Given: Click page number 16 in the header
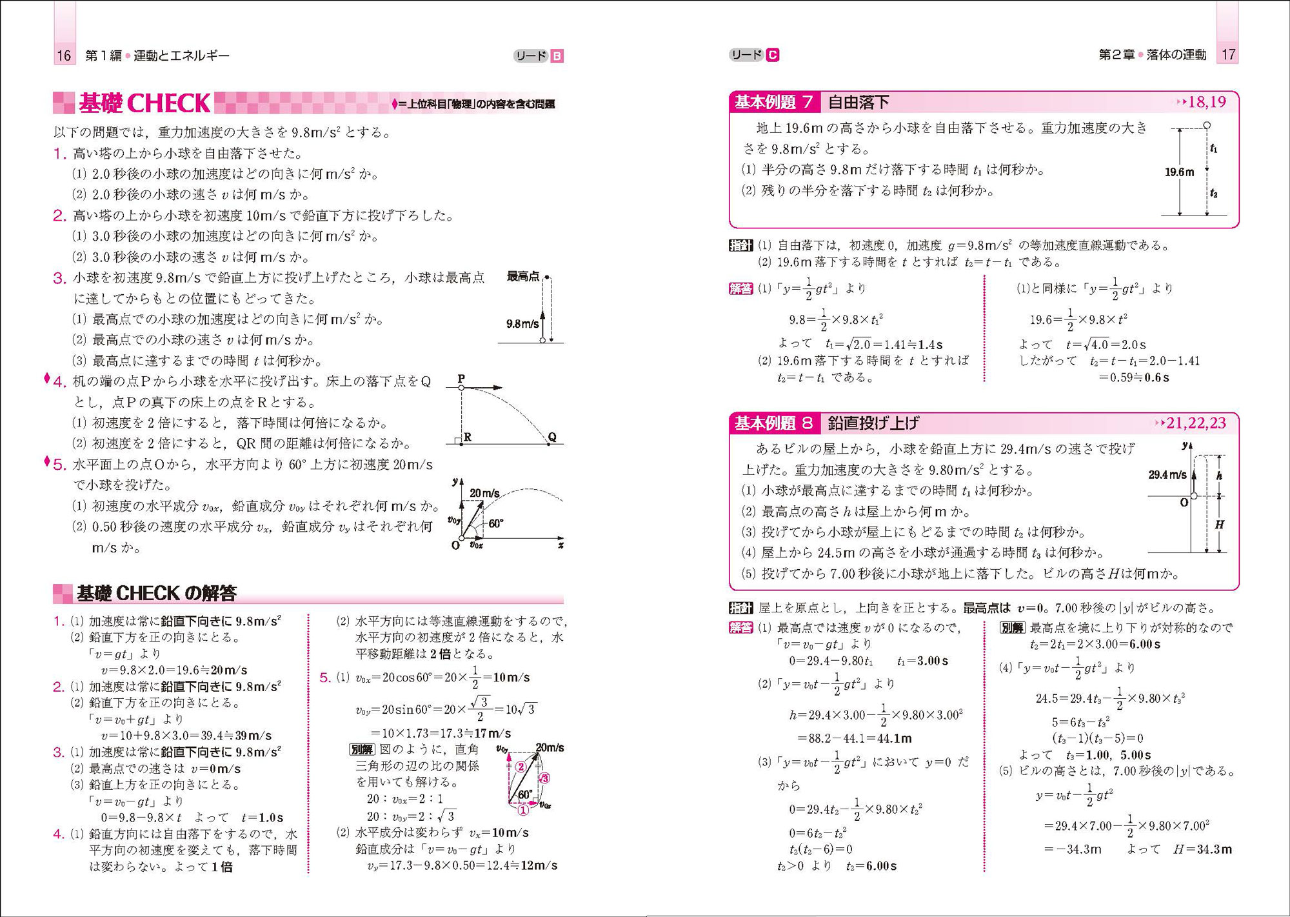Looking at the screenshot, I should pos(64,55).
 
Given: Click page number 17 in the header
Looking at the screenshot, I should pos(1228,55).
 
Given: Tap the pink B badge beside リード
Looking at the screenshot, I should pos(557,56).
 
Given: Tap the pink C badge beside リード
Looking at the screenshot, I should pos(772,55).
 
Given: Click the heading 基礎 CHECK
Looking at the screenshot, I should pos(144,103).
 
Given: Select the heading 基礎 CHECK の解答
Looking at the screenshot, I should pos(156,592).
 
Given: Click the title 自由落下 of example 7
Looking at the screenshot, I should pos(858,102).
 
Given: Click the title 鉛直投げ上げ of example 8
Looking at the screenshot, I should pos(873,423).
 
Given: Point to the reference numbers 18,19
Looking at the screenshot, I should pos(1207,102).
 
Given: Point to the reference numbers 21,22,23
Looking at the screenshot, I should pos(1196,423).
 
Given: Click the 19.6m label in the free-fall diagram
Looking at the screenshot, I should pos(1179,172).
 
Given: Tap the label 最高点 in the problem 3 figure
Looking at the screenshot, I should pos(522,277).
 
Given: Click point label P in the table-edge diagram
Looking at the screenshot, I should pos(461,379).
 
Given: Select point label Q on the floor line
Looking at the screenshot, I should pos(552,437).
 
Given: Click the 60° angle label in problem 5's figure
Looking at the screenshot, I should pos(495,523).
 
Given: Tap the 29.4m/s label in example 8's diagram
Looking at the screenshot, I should pos(1167,475).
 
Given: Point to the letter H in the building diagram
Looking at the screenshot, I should pos(1219,525).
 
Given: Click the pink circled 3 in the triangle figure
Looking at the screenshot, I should pos(544,778).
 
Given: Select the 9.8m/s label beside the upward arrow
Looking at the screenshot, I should pos(522,324).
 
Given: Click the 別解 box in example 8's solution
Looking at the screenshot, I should pos(1011,627).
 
